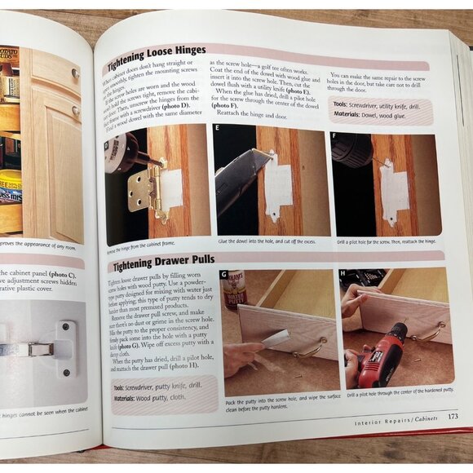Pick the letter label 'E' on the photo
218,128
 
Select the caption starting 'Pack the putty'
277,402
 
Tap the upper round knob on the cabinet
75,73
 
